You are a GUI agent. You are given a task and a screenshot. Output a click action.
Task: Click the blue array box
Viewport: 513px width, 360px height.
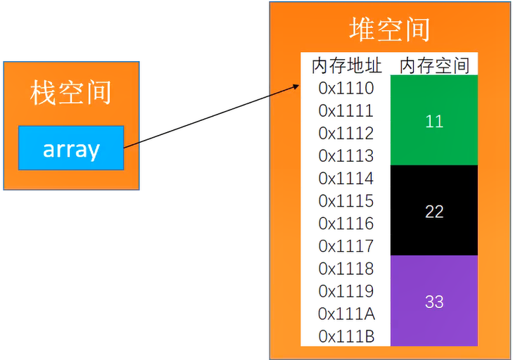(x=71, y=148)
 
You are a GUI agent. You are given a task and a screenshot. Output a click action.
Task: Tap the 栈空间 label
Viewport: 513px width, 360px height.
(x=71, y=93)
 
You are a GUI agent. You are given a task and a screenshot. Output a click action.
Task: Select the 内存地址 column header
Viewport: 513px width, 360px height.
(x=346, y=66)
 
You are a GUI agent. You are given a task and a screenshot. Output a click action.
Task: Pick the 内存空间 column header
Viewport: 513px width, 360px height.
(x=434, y=66)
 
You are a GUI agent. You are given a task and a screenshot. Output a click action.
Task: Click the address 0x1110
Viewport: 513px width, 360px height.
(x=346, y=89)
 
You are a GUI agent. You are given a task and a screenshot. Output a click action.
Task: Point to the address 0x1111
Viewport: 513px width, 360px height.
(x=346, y=111)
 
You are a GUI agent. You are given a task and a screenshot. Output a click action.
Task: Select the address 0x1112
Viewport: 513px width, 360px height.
(x=346, y=134)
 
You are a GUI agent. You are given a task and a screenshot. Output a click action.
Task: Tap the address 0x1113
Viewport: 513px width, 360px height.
(x=346, y=156)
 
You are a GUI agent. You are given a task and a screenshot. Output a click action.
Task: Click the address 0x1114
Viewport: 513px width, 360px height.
(x=346, y=179)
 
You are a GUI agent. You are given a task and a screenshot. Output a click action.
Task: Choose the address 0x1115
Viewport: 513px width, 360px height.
(x=346, y=201)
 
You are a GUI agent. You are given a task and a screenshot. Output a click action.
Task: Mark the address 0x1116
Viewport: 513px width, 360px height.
(x=346, y=224)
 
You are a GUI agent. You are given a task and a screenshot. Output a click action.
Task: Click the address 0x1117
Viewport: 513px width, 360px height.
(x=346, y=246)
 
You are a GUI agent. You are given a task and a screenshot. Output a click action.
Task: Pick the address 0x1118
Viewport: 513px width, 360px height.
(x=346, y=269)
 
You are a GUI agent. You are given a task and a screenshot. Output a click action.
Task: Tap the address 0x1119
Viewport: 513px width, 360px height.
(x=346, y=291)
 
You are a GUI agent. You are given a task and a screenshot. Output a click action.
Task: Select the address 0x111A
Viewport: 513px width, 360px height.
(x=346, y=314)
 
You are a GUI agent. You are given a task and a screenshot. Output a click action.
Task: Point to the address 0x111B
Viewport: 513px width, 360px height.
(x=346, y=336)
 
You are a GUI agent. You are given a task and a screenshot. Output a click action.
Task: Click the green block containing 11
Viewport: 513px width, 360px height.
(x=434, y=121)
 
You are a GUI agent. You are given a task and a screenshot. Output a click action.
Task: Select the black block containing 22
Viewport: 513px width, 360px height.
(x=434, y=211)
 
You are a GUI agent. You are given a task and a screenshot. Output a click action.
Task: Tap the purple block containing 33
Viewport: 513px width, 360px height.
(x=434, y=301)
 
